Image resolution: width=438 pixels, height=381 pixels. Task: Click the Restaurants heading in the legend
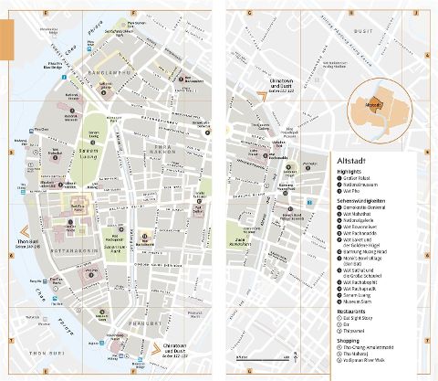point(355,312)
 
